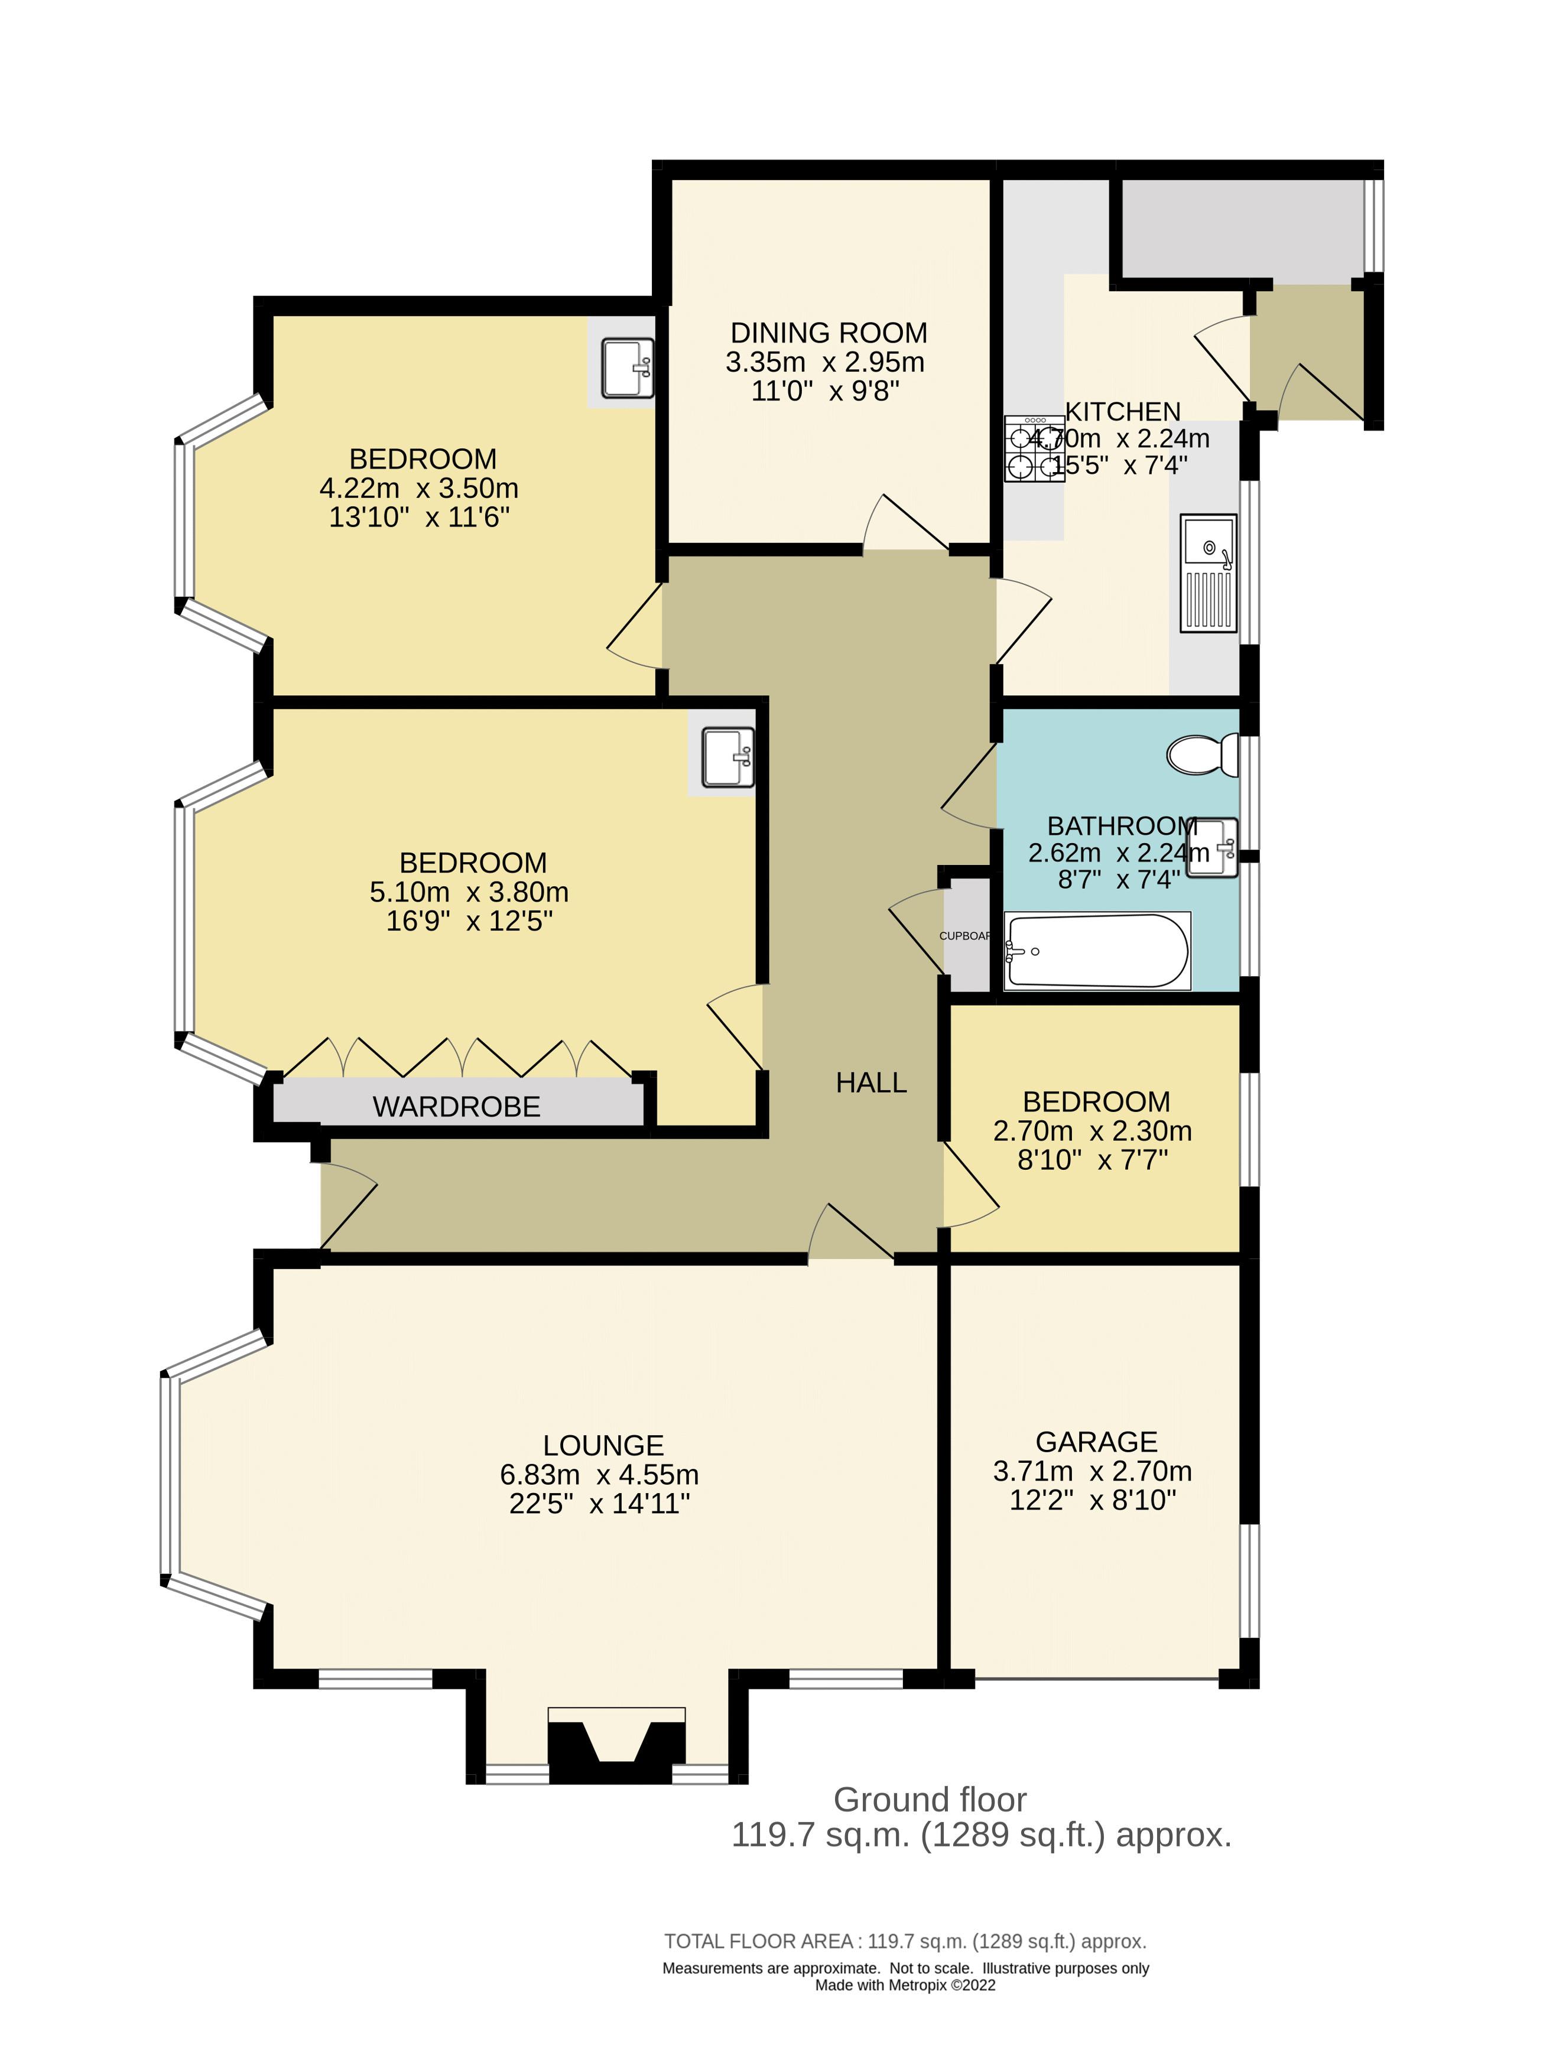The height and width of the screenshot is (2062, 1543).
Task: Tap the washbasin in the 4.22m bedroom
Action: pos(626,368)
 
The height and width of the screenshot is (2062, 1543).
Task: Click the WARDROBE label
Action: pos(456,1107)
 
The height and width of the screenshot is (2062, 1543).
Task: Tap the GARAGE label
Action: pos(1096,1441)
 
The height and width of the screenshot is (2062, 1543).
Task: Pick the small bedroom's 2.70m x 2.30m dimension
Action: pos(1092,1131)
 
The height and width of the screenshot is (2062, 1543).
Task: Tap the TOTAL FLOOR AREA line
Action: pos(904,1941)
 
